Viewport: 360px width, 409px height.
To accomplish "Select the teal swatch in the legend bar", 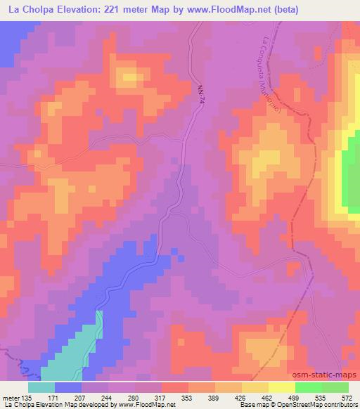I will click(41, 387).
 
